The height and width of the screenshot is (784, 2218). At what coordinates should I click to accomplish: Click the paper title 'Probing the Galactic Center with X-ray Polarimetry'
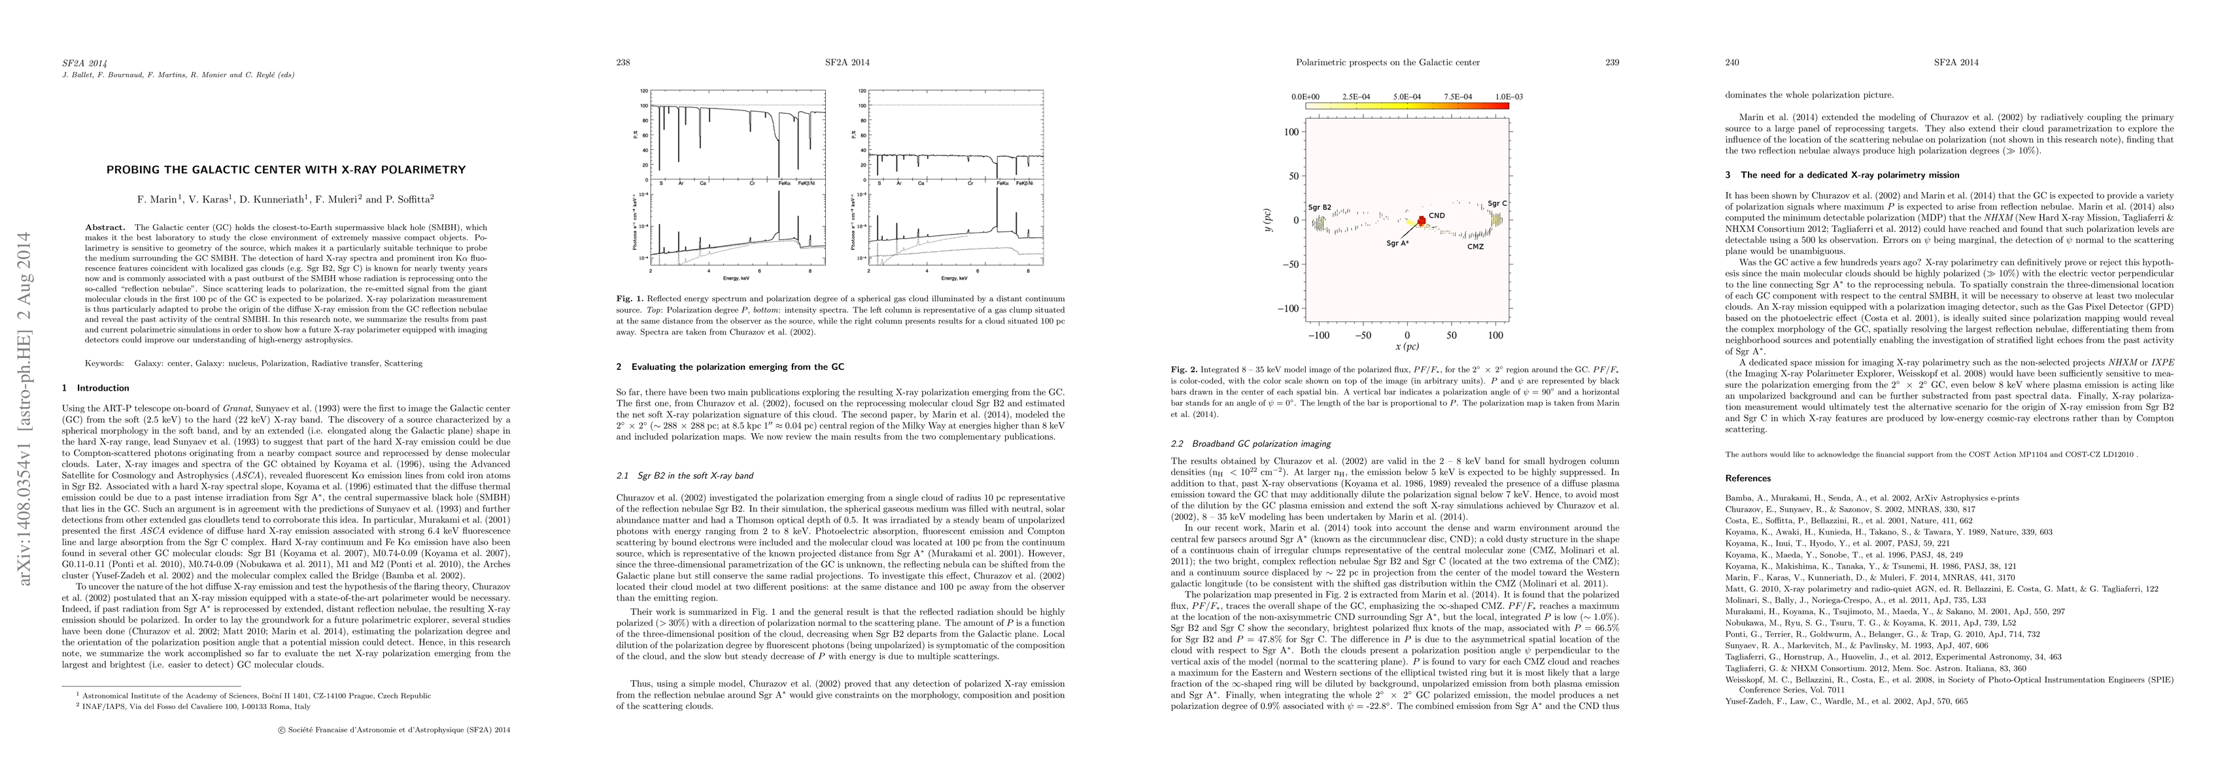click(x=286, y=169)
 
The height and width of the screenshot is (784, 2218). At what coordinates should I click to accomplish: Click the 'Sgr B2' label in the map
click(x=1319, y=207)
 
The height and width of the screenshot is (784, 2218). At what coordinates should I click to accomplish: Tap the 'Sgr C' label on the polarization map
click(x=1497, y=204)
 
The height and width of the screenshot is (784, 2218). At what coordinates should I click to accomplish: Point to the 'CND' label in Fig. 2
click(x=1436, y=215)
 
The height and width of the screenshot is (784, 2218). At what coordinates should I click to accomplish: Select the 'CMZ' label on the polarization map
click(x=1475, y=246)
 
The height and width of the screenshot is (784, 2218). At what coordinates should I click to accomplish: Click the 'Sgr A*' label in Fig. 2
click(x=1397, y=244)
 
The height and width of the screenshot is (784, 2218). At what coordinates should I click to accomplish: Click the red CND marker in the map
click(x=1421, y=222)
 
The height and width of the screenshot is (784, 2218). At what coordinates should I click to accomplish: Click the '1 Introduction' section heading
click(x=95, y=388)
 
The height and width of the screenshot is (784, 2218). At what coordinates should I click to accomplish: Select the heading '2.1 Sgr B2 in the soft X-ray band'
click(x=685, y=475)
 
